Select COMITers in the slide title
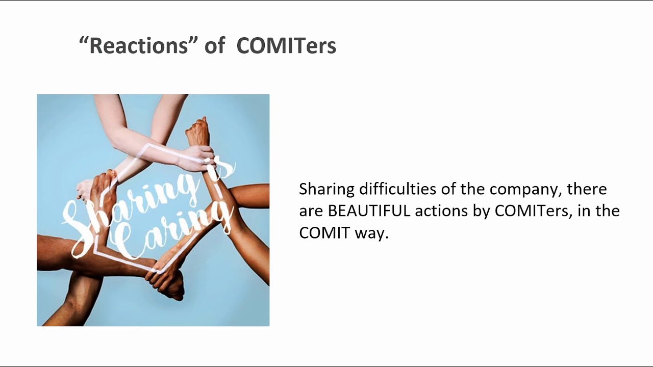286,46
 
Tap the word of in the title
214,46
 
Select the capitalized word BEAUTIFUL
369,211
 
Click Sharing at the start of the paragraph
326,190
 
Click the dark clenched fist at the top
197,131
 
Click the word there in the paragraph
587,189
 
